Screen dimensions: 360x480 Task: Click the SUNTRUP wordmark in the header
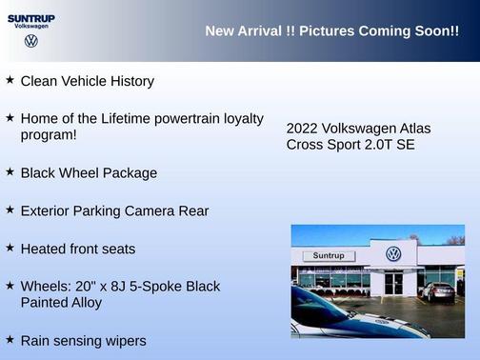coord(30,17)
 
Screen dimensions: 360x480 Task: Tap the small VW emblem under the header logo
coord(31,41)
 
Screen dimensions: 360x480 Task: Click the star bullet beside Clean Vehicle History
coord(10,80)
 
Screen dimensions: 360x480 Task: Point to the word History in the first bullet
coord(129,82)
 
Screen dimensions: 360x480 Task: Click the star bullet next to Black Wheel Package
coord(10,172)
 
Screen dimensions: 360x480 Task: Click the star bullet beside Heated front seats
coord(10,248)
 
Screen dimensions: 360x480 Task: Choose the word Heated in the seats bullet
coord(44,250)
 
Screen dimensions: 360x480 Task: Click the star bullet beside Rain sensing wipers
coord(10,339)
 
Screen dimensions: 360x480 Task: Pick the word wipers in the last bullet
coord(124,341)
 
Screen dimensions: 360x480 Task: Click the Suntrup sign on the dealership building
coord(328,256)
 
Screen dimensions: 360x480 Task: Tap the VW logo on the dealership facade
coord(393,254)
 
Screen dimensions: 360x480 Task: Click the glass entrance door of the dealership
coord(393,283)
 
